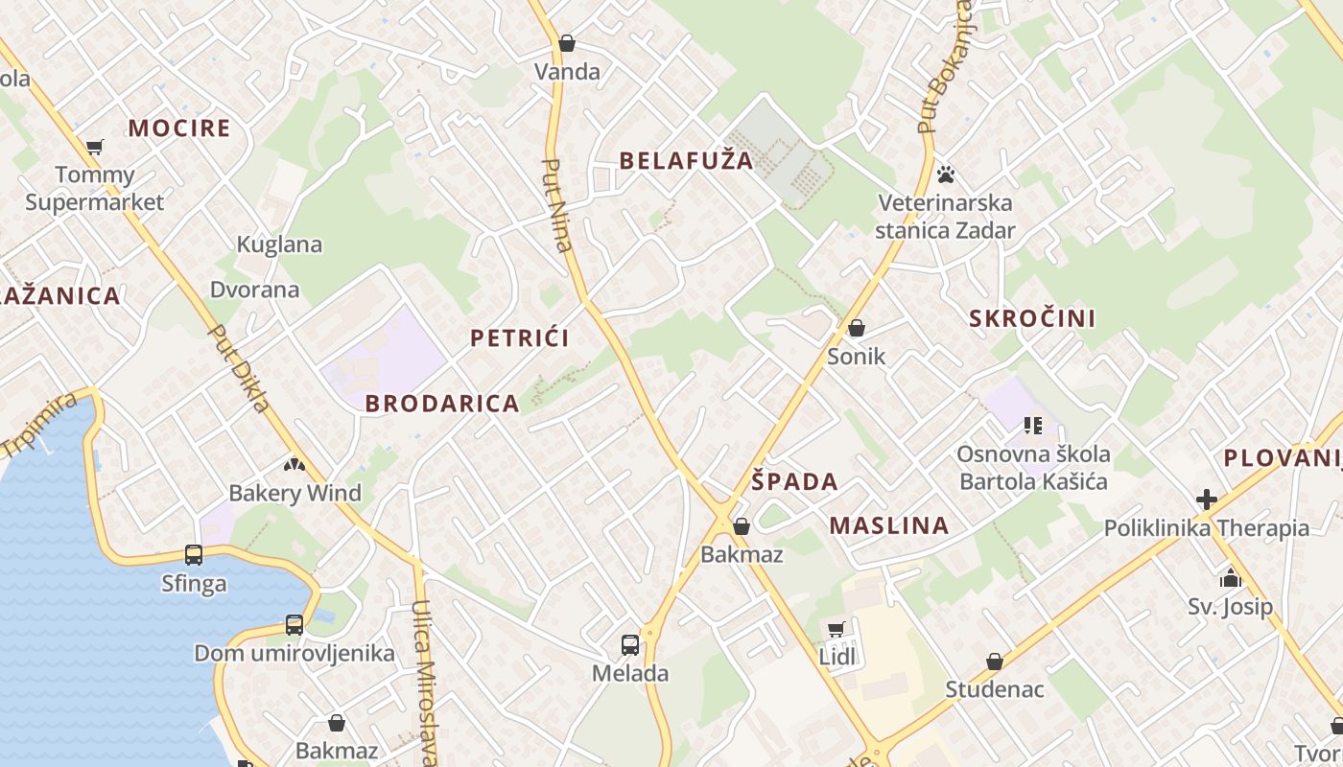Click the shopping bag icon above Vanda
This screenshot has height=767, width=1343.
tap(567, 43)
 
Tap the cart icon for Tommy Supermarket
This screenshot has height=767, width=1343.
tap(94, 147)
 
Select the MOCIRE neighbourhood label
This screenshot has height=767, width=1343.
tap(179, 128)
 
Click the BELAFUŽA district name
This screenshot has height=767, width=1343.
tap(686, 160)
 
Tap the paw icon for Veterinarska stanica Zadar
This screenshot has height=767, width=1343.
tap(946, 174)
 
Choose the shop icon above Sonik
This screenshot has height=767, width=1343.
tap(856, 328)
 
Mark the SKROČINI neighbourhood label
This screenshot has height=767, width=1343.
tap(1032, 318)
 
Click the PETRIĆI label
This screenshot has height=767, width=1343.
tap(520, 337)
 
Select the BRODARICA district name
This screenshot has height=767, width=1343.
tap(442, 404)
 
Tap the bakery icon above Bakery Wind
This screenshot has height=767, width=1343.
tap(294, 465)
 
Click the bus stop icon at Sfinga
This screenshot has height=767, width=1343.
tap(194, 554)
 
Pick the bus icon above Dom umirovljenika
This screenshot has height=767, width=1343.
tap(294, 624)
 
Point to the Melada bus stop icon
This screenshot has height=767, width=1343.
tap(629, 644)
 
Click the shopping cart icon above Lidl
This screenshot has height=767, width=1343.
tap(836, 629)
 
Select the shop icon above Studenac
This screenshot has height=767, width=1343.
tap(995, 662)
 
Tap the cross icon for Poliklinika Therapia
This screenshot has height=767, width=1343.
tap(1206, 500)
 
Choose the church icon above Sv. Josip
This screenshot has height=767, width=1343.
tap(1230, 578)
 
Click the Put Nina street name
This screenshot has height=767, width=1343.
tap(556, 205)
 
